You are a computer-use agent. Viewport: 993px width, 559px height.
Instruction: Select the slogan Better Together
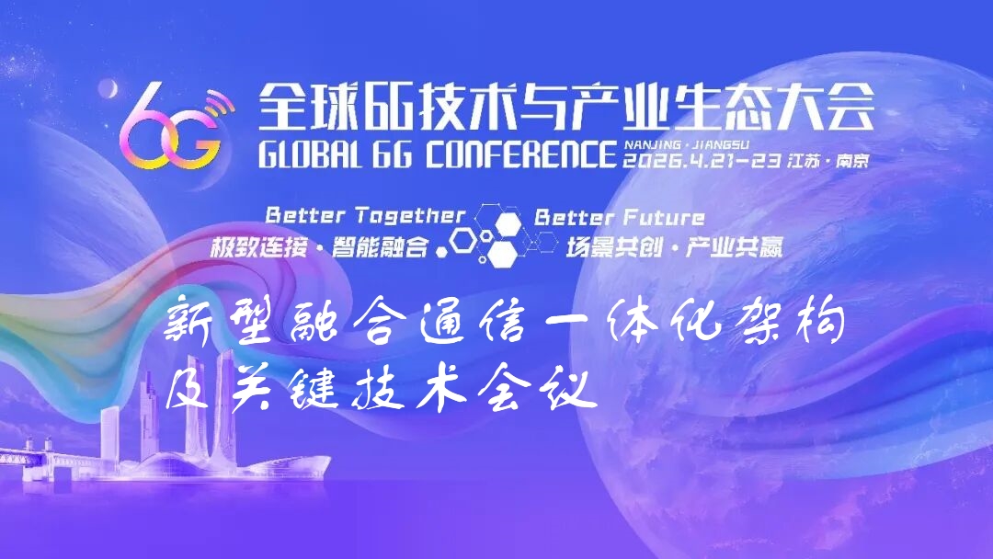[x=365, y=216]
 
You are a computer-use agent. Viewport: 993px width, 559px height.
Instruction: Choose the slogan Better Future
[x=620, y=218]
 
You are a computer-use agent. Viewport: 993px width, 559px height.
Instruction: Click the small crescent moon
[x=108, y=88]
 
